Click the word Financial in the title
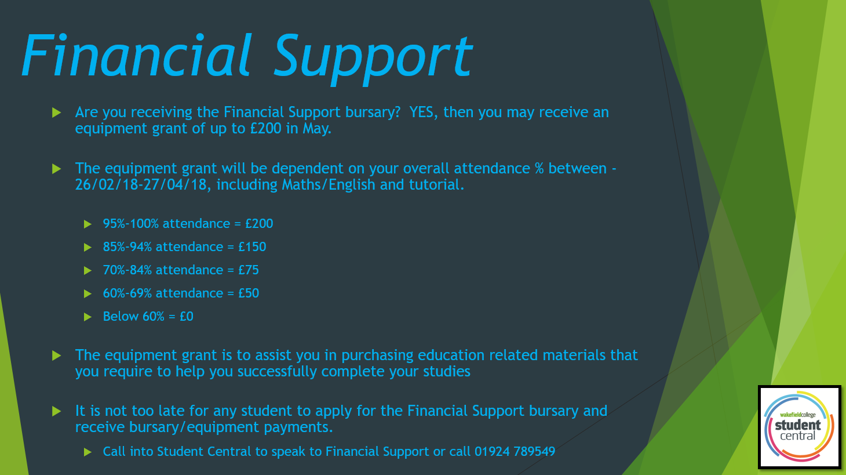(x=136, y=56)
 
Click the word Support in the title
(x=373, y=59)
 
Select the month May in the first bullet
(x=316, y=129)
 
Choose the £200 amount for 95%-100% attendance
(x=259, y=224)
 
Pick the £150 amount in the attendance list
(x=252, y=246)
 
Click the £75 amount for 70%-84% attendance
(x=249, y=270)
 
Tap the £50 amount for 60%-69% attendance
(x=249, y=293)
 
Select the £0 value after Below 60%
(x=187, y=316)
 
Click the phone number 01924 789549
(x=515, y=452)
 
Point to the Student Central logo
(x=800, y=427)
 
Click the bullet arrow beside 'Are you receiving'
(x=57, y=113)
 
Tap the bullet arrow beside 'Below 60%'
(x=87, y=317)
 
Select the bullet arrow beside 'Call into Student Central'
(x=87, y=452)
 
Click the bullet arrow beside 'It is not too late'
(x=57, y=411)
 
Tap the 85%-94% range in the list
(x=127, y=246)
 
